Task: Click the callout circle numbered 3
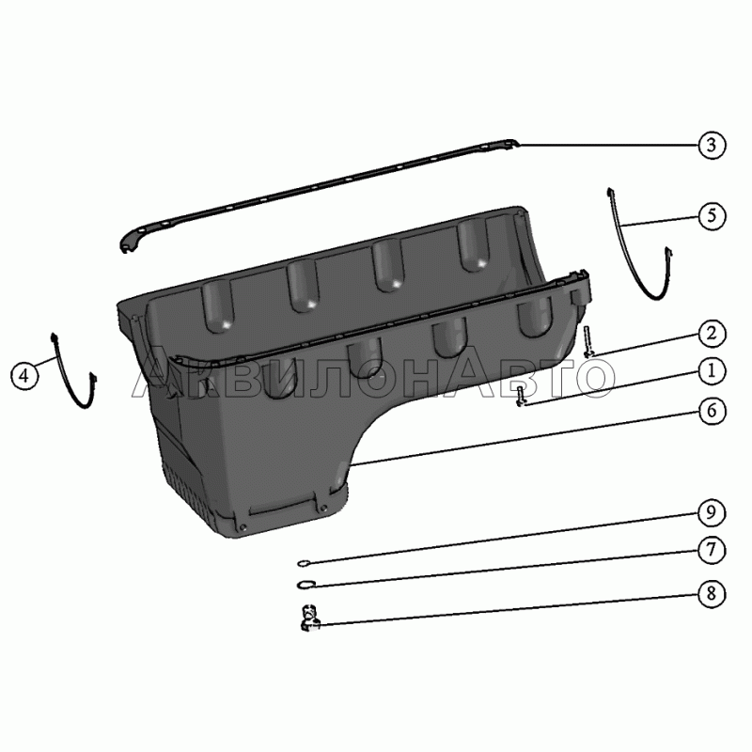(x=712, y=145)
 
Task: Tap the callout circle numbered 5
(x=712, y=216)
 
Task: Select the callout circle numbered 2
(x=712, y=334)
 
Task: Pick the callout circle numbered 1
(x=712, y=371)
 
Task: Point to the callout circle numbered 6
(x=712, y=411)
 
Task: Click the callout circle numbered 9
(x=712, y=512)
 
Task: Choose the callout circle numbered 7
(x=712, y=550)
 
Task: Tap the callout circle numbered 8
(x=712, y=594)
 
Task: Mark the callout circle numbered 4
(x=24, y=375)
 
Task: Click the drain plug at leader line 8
(x=310, y=619)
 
